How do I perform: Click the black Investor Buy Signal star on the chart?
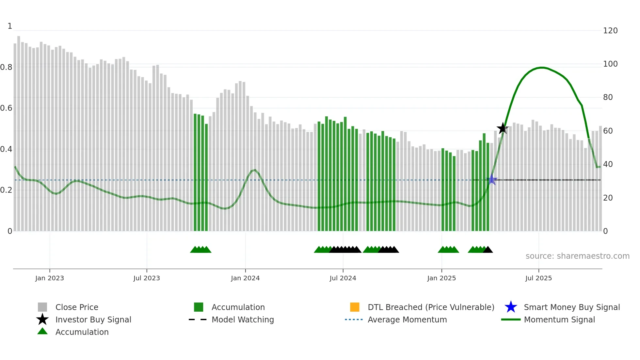pos(503,129)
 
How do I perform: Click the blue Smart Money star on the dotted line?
pos(492,180)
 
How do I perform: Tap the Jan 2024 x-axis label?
pos(245,278)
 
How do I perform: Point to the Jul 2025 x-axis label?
pos(538,278)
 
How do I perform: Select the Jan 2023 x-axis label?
pos(50,278)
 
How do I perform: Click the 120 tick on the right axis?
pos(610,31)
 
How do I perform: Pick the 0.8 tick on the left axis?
pos(7,67)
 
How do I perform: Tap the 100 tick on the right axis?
pos(610,64)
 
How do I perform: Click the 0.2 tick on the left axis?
pos(7,190)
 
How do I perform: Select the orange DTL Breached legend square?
pos(355,307)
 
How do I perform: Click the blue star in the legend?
pos(511,307)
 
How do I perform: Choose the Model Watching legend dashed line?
pos(198,319)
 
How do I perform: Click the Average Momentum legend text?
pos(407,319)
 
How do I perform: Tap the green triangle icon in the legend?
pos(42,331)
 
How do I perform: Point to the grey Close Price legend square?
pos(42,307)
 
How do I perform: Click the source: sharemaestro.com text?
pos(577,256)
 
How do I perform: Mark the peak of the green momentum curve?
pos(542,68)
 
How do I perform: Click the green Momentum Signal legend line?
pos(511,319)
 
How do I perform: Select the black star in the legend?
pos(42,319)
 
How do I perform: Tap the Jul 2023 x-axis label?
pos(147,278)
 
